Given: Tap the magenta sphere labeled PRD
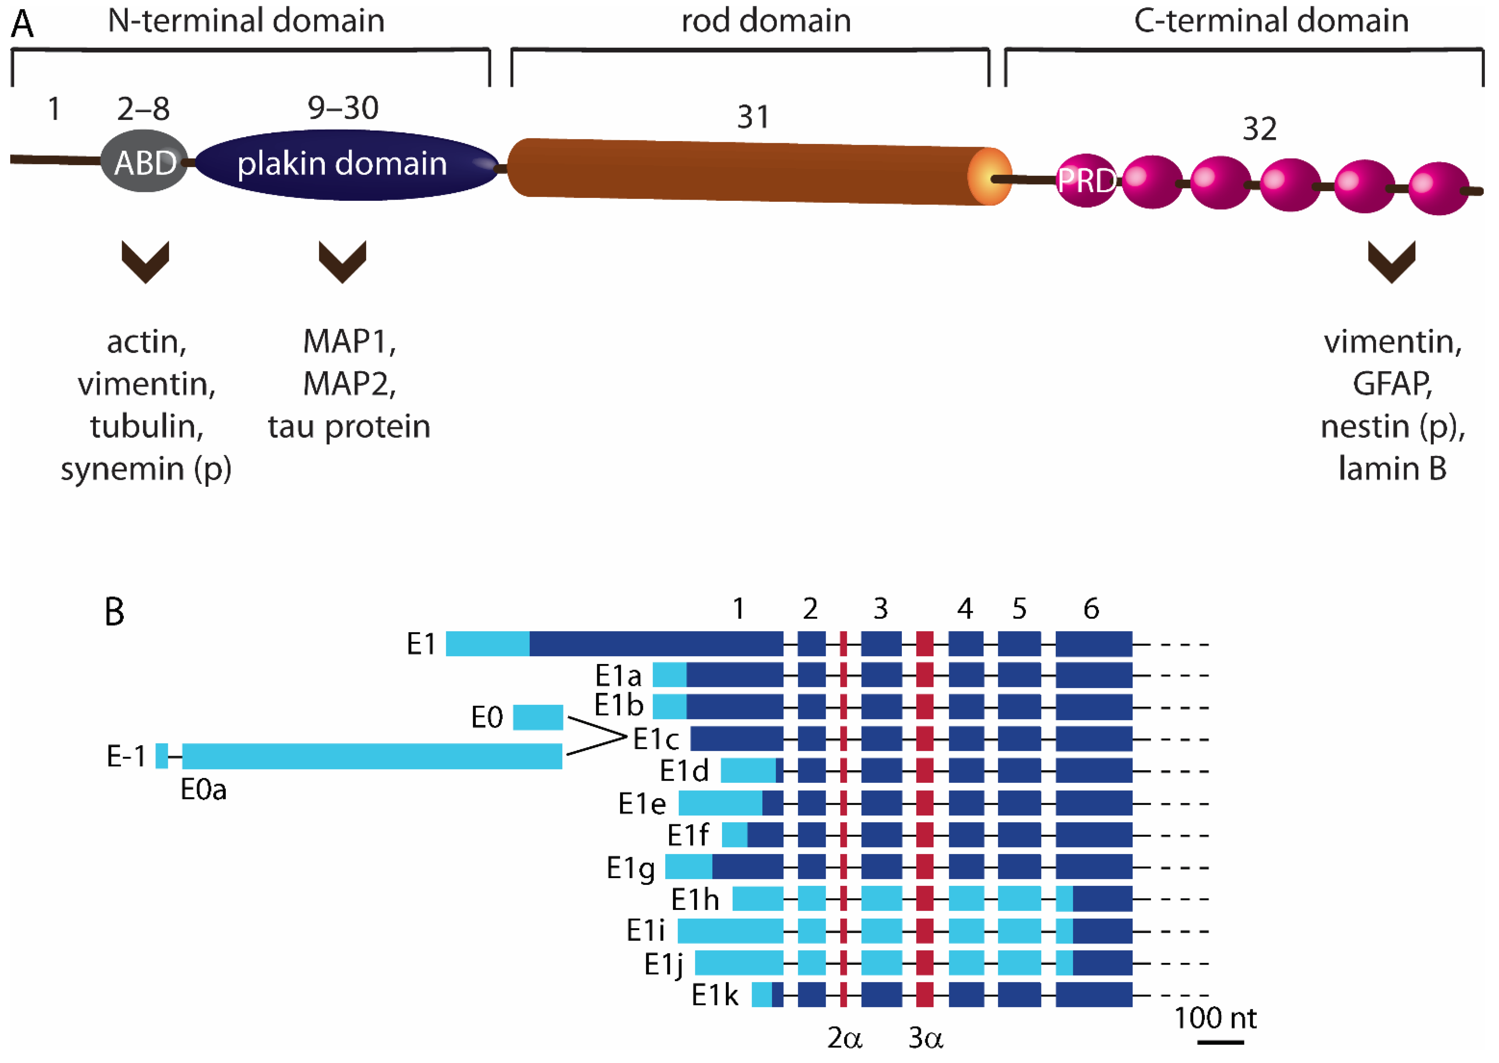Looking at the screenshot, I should pyautogui.click(x=1086, y=181).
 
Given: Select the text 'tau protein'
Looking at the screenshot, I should pyautogui.click(x=349, y=426).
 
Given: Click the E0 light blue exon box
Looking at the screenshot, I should pyautogui.click(x=538, y=717).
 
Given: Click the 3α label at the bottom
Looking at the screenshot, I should pyautogui.click(x=925, y=1038).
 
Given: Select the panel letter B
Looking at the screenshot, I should pyautogui.click(x=115, y=612).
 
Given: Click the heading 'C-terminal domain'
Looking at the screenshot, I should pyautogui.click(x=1271, y=20).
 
